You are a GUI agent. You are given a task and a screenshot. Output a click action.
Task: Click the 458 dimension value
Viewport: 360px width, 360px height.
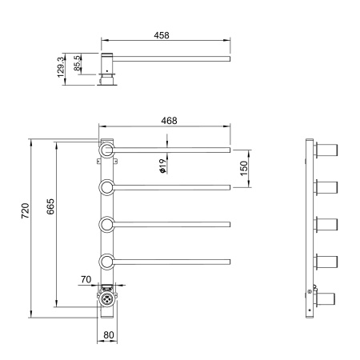tap(163, 36)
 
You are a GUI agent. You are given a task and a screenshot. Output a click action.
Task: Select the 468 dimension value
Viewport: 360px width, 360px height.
tap(167, 120)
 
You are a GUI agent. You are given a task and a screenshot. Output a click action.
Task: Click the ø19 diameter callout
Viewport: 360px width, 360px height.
tap(162, 166)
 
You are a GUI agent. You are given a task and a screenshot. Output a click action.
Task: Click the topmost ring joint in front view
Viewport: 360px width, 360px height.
tap(106, 150)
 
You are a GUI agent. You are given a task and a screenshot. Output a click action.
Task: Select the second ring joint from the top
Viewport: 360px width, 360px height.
tap(106, 187)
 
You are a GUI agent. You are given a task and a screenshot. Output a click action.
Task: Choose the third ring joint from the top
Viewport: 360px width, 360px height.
tap(106, 224)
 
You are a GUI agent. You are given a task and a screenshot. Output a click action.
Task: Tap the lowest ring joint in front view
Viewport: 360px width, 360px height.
tap(106, 261)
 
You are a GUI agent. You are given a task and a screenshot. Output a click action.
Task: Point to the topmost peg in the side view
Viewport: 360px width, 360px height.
tap(326, 150)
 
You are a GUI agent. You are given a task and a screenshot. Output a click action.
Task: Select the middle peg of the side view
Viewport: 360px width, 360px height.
tap(326, 224)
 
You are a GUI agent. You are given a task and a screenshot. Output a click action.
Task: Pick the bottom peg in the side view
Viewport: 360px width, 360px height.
tap(326, 298)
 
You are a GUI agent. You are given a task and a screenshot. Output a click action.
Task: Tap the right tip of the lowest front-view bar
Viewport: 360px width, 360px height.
tap(230, 261)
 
